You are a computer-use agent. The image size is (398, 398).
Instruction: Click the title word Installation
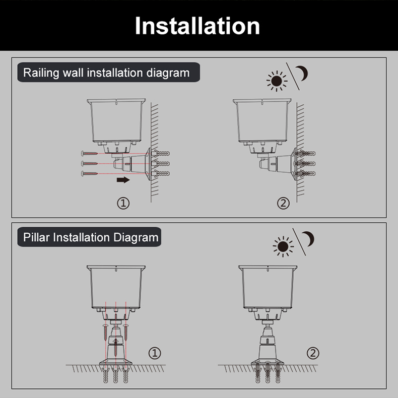pos(197,26)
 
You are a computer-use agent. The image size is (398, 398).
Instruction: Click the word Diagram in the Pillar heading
pos(136,238)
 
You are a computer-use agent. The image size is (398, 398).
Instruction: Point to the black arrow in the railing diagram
pos(123,180)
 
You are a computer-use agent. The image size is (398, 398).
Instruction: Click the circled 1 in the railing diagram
pos(123,204)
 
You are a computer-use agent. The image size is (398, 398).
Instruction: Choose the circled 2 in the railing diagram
pos(283,204)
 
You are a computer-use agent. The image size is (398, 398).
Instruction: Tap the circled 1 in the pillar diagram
pos(155,353)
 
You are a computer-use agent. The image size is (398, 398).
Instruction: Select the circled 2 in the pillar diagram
pos(313,353)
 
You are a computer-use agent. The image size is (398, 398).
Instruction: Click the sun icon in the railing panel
pos(277,81)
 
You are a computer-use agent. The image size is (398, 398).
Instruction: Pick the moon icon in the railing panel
pos(302,74)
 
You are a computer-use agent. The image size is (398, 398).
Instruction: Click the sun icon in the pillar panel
pos(283,246)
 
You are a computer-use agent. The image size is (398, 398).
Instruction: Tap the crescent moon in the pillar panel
pos(309,239)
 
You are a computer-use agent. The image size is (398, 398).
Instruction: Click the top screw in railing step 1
pos(89,153)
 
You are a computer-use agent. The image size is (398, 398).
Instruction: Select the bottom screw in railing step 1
pos(89,174)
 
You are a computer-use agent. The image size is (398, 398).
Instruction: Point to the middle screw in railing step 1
pos(89,163)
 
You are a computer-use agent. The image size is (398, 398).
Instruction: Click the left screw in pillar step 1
pos(105,333)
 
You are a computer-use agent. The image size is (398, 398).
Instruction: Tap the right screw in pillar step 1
pos(126,333)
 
